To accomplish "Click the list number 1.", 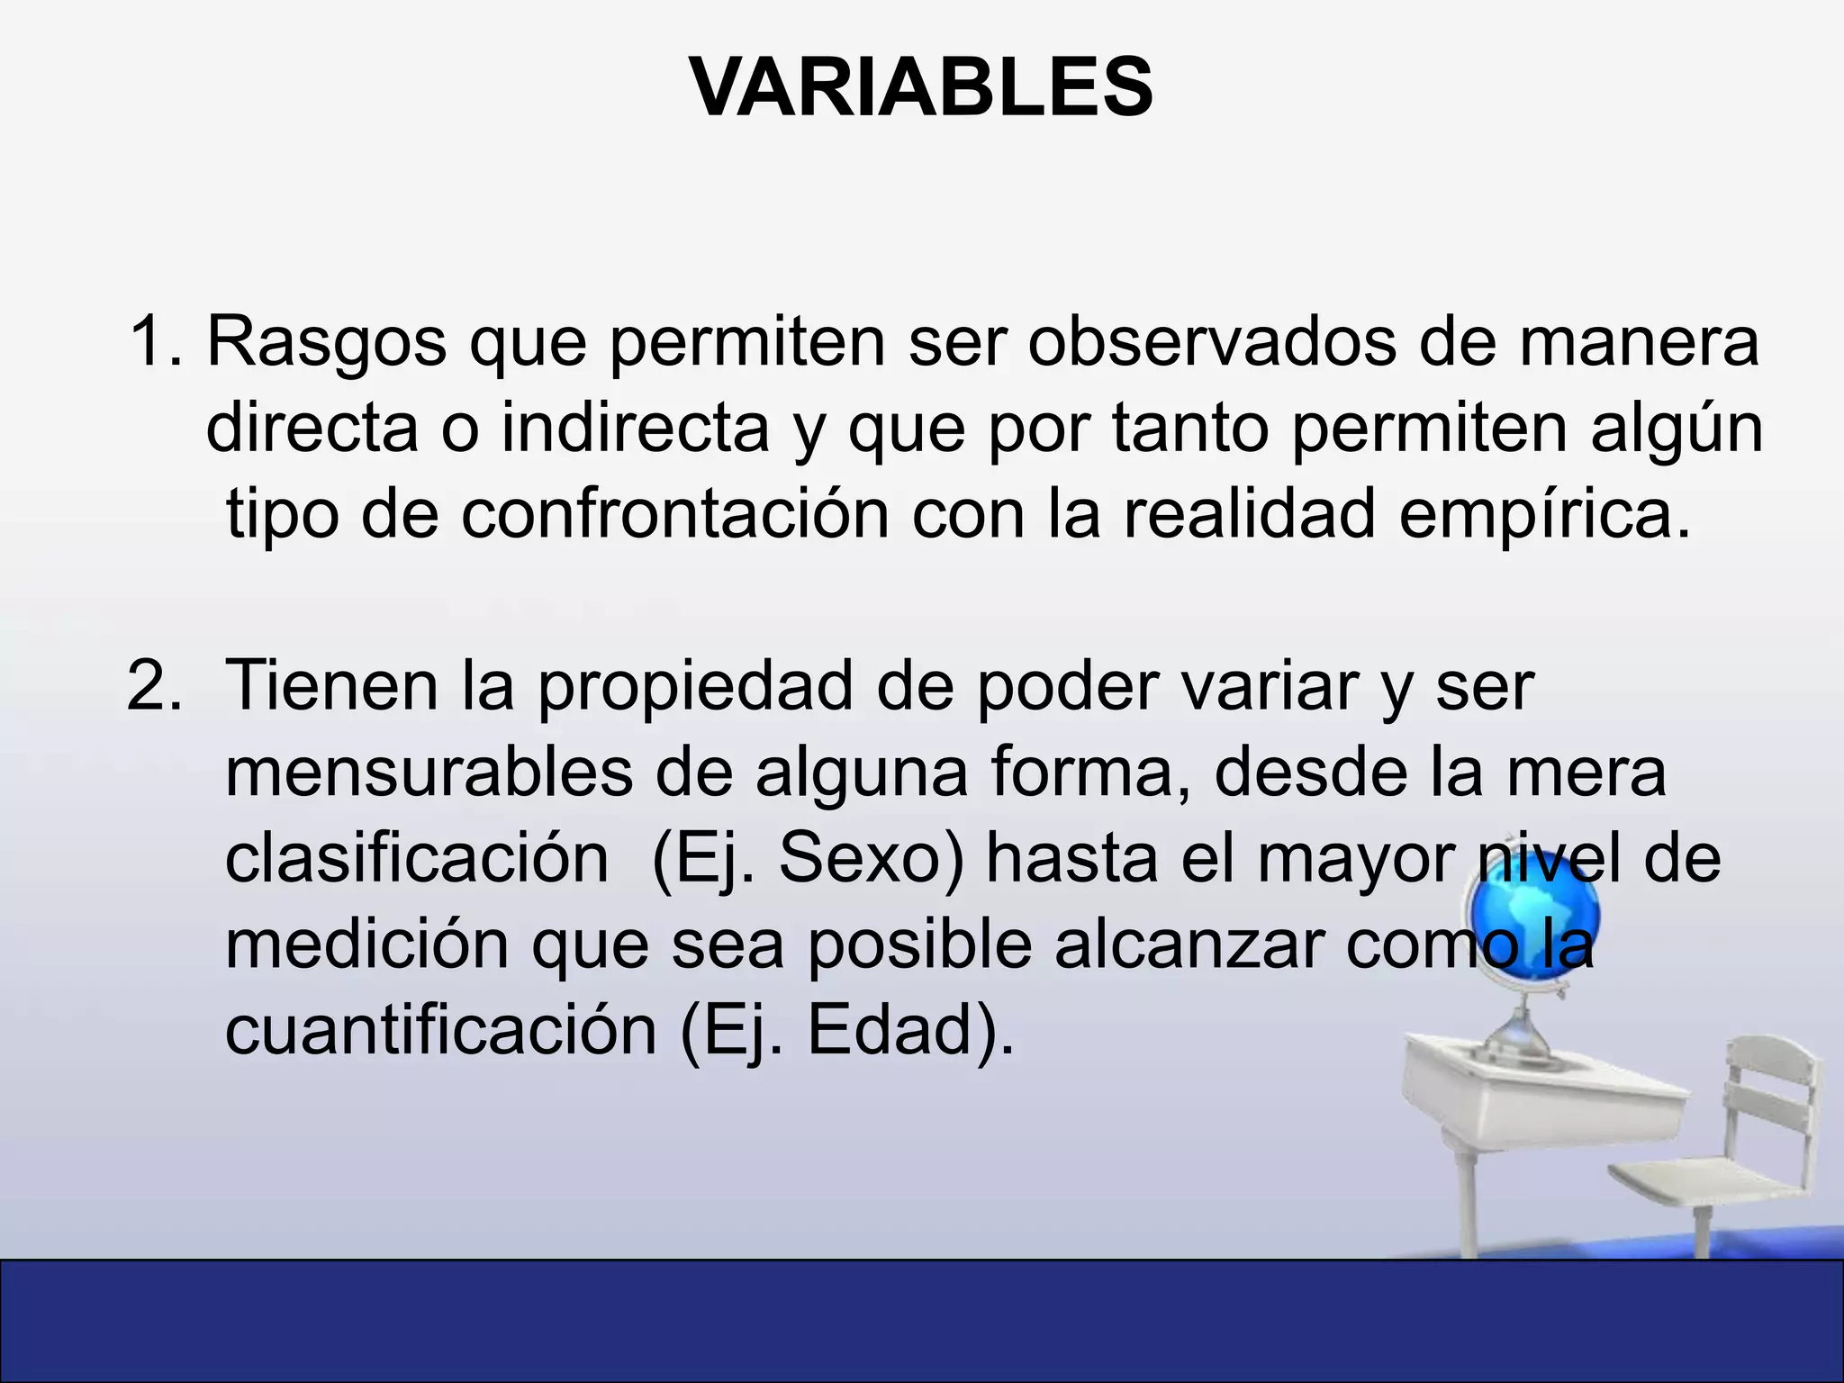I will click(155, 342).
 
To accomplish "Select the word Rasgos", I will click(326, 344).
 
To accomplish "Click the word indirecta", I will click(635, 429).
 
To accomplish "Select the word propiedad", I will click(694, 686).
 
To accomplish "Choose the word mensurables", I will click(429, 773).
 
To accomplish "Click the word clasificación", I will click(416, 859).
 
